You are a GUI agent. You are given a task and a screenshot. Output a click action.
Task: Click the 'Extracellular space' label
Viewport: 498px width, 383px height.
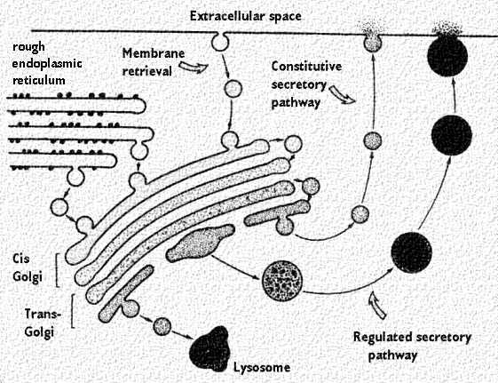tap(246, 16)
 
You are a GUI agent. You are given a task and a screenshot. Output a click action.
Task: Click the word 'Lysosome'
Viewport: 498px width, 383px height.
tap(262, 368)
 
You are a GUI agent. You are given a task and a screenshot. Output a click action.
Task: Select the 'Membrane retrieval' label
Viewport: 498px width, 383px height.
tap(153, 62)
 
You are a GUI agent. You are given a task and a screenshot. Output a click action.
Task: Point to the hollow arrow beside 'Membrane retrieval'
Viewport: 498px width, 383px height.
tap(194, 67)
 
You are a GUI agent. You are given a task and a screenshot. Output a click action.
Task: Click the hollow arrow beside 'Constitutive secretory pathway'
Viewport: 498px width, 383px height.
tap(342, 94)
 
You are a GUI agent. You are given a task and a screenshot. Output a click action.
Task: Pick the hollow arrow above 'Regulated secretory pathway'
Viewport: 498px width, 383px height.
tap(376, 305)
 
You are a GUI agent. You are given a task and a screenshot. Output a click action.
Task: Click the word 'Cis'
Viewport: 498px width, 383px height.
tap(21, 258)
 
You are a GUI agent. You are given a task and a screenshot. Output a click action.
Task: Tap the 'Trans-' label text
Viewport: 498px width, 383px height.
tap(43, 314)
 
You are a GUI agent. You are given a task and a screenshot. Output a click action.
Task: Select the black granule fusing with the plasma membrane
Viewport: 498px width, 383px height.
tap(447, 56)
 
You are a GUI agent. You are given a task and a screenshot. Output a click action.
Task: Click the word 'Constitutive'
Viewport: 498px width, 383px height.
tap(306, 67)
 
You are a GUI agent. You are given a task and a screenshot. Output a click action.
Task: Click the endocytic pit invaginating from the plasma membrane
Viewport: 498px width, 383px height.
tap(220, 41)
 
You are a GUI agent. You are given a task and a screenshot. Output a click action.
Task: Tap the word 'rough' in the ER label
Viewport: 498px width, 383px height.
tap(28, 47)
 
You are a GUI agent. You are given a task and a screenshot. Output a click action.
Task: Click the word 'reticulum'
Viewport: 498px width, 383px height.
tap(39, 80)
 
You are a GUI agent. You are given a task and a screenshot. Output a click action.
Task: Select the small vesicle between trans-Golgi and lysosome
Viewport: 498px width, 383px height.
tap(162, 326)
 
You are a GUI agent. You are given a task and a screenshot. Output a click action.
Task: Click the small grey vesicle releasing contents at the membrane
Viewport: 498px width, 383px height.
tap(372, 44)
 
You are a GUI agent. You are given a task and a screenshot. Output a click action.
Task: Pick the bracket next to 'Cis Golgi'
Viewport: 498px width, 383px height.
tap(57, 270)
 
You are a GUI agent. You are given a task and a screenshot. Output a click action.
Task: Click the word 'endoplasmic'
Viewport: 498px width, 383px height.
tap(47, 64)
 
